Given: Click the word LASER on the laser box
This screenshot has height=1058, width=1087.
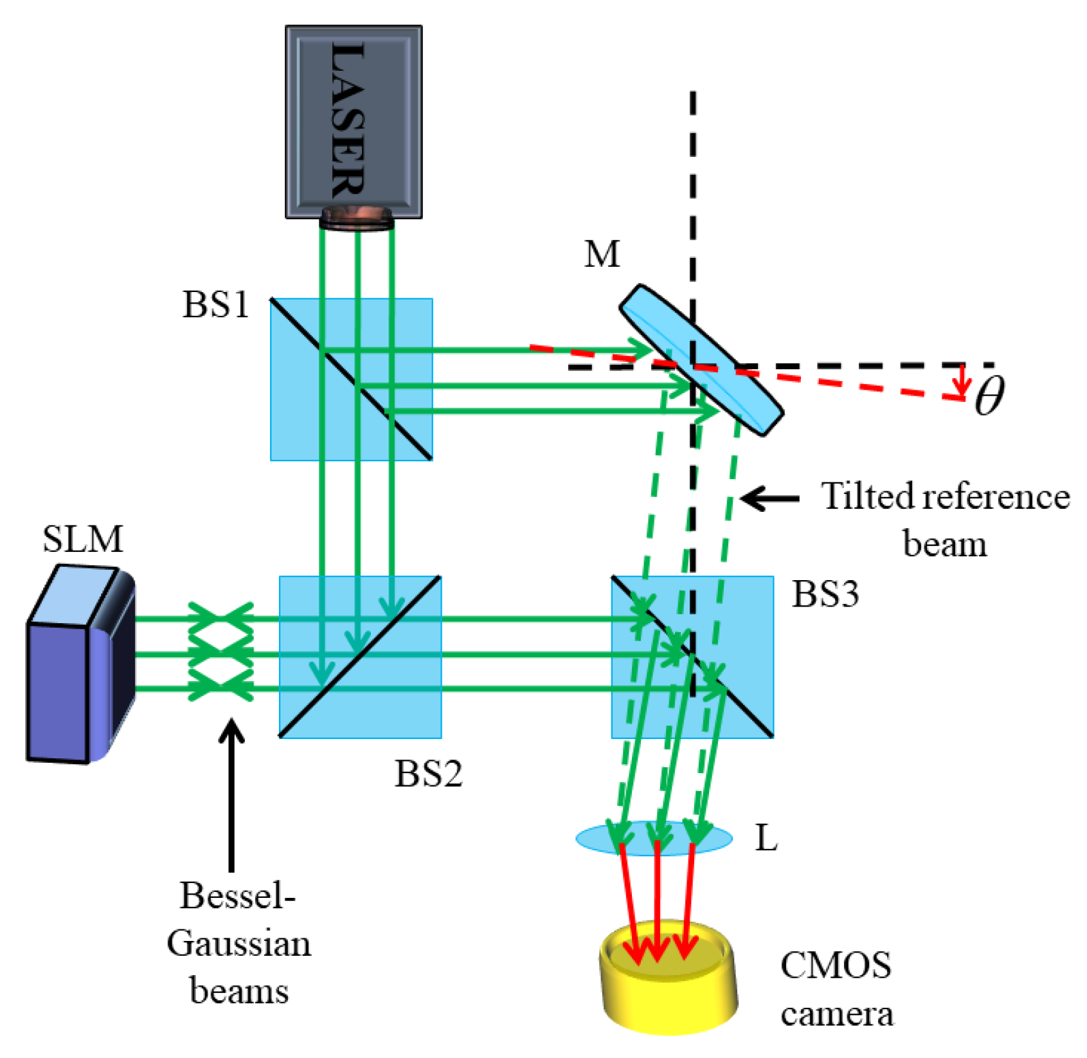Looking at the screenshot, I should pyautogui.click(x=348, y=120).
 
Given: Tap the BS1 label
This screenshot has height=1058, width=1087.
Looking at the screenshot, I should pyautogui.click(x=215, y=304).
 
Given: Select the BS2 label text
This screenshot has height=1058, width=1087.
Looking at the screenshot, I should pyautogui.click(x=428, y=774).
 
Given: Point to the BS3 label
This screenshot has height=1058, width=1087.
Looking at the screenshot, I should pyautogui.click(x=825, y=594).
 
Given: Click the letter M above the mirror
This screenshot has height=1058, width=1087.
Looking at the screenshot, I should pyautogui.click(x=602, y=254).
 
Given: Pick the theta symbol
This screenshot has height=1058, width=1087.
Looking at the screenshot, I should pyautogui.click(x=989, y=396).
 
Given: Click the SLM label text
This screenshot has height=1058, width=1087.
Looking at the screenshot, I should pyautogui.click(x=82, y=539).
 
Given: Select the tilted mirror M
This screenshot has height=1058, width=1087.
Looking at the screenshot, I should pyautogui.click(x=701, y=360).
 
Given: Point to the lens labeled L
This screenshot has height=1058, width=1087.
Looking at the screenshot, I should pyautogui.click(x=654, y=837).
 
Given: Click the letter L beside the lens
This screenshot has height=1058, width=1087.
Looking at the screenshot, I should pyautogui.click(x=766, y=838).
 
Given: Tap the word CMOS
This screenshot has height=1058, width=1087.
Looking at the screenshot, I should pyautogui.click(x=835, y=965).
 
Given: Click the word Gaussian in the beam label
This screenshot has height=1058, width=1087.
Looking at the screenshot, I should pyautogui.click(x=238, y=944).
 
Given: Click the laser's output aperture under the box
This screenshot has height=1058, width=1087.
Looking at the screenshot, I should pyautogui.click(x=357, y=219).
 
